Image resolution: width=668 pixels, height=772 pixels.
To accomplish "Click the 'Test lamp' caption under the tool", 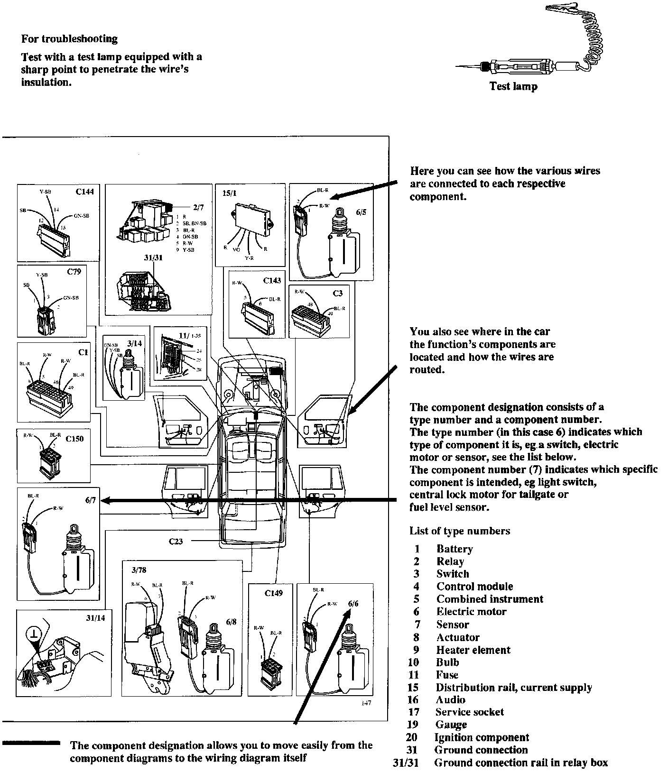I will [x=513, y=86].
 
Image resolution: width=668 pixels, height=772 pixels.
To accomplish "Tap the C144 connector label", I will [x=84, y=192].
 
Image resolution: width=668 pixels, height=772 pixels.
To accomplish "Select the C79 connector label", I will [x=74, y=272].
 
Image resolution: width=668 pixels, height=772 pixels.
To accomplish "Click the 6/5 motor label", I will [x=361, y=212].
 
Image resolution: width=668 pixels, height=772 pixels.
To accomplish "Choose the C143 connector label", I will [x=272, y=280].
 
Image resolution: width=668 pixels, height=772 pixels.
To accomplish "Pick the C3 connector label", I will [x=337, y=293].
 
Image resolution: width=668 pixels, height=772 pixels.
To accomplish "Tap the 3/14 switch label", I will [x=134, y=342].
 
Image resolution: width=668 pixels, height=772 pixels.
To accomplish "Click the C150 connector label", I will [x=74, y=439].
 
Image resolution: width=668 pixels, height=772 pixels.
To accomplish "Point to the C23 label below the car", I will [x=176, y=541].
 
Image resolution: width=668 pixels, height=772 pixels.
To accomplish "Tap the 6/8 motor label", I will [x=231, y=622].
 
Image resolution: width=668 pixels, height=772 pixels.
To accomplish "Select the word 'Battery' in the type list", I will [x=455, y=549].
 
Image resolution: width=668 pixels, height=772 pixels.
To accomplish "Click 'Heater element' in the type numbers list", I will [x=473, y=650].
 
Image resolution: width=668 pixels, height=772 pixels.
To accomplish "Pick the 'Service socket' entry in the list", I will [x=469, y=712].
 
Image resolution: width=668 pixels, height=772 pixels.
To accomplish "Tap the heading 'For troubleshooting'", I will [x=69, y=38].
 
